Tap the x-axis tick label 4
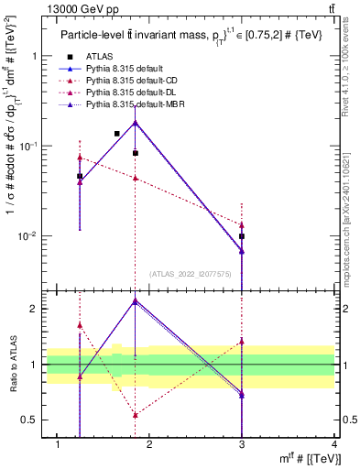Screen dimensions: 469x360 coord(334,444)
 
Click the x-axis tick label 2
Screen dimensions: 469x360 coord(150,444)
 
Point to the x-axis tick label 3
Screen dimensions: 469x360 coord(242,444)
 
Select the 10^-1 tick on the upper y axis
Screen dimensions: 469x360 coord(32,146)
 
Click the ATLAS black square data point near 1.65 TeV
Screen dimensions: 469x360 coord(117,134)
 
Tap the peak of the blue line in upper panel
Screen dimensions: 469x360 coord(136,122)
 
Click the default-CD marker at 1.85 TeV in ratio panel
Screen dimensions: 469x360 coord(136,415)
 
